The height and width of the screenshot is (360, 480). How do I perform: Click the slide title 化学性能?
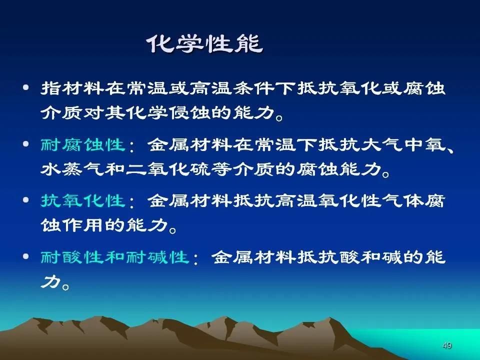coord(205,43)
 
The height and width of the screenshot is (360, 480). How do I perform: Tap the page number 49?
coord(447,345)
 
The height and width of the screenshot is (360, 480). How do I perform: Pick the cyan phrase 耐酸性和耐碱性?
coord(115,257)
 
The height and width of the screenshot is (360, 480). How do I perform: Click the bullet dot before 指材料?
coord(26,88)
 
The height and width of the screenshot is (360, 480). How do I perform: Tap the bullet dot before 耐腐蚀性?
coord(26,144)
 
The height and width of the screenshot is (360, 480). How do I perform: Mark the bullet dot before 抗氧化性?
coord(26,200)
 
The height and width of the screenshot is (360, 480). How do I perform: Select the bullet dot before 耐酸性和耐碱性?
coord(26,256)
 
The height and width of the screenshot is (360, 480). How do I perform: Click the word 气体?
coord(403,201)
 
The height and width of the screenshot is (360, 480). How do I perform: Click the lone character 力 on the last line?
coord(50,281)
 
